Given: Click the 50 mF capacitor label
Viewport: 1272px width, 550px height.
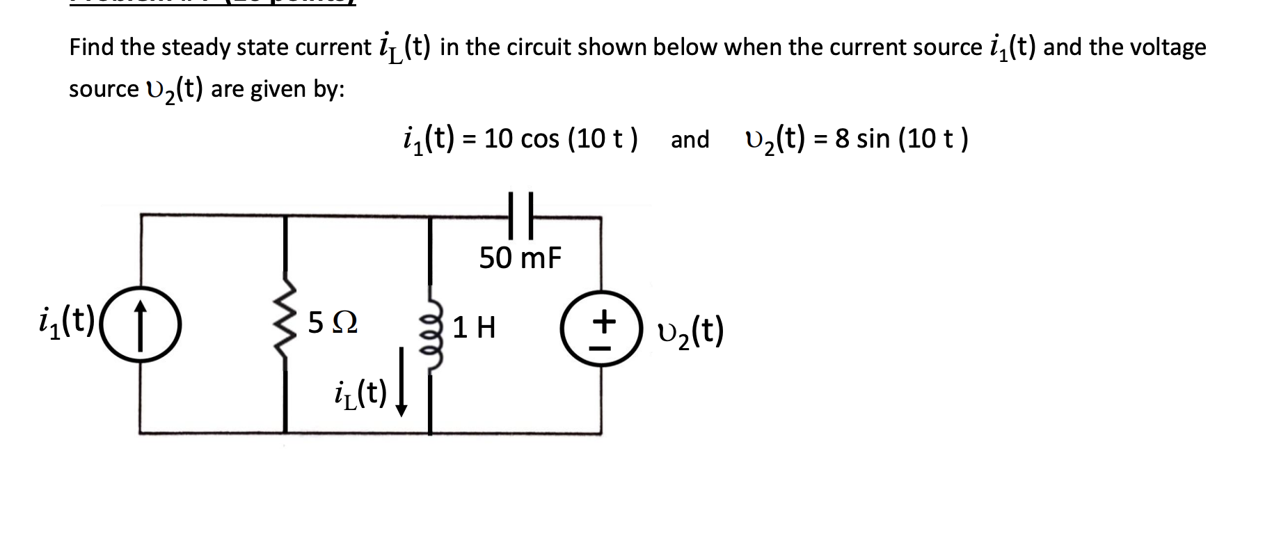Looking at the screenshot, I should tap(520, 258).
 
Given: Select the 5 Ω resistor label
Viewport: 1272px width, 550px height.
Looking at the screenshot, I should tap(333, 324).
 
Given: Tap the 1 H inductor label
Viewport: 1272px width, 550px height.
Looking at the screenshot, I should tap(474, 327).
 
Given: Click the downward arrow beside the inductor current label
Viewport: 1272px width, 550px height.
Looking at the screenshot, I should tap(402, 393).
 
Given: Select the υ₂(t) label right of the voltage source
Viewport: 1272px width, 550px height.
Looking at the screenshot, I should tap(690, 331).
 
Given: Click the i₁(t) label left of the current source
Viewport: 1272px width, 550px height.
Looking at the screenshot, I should tap(67, 321).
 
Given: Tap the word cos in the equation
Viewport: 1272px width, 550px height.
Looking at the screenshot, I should tap(539, 139).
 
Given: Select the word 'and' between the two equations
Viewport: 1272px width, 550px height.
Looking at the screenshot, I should tap(690, 139).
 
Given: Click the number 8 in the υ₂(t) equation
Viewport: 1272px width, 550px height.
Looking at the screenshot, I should tap(842, 139).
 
